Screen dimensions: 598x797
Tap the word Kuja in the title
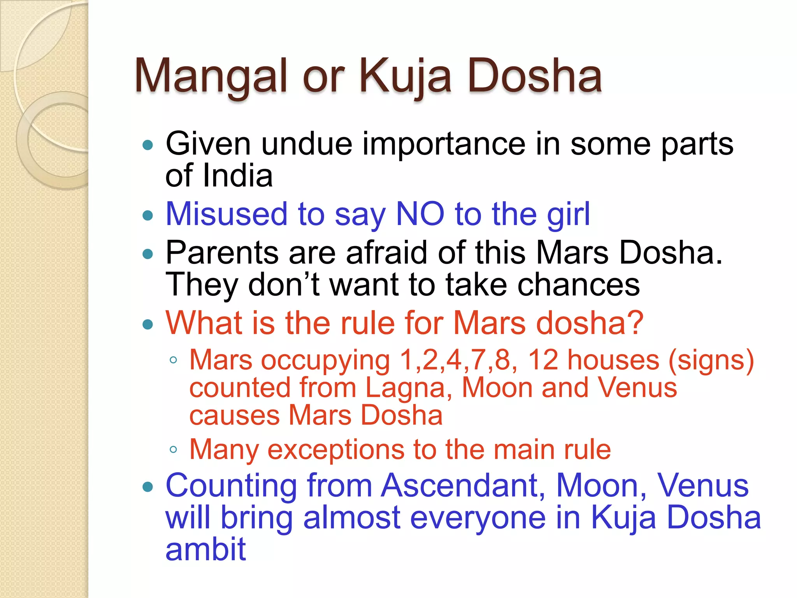point(405,76)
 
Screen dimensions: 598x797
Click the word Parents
point(222,253)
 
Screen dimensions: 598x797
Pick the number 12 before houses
point(542,360)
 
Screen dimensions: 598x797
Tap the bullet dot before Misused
point(148,215)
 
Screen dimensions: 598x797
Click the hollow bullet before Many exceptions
point(174,450)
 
